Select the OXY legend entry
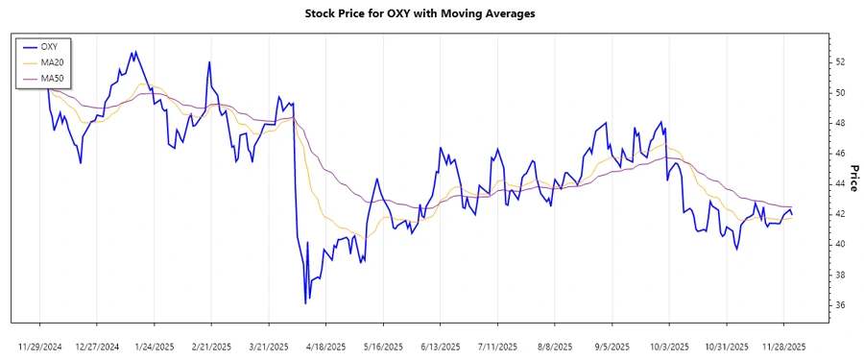pyautogui.click(x=50, y=46)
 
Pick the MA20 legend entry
pyautogui.click(x=52, y=61)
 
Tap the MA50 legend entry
pyautogui.click(x=52, y=78)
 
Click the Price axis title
pyautogui.click(x=852, y=178)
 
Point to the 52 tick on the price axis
pyautogui.click(x=840, y=62)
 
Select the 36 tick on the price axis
pyautogui.click(x=840, y=305)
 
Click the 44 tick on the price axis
pyautogui.click(x=840, y=184)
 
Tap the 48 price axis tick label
pyautogui.click(x=840, y=123)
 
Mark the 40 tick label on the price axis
pyautogui.click(x=840, y=245)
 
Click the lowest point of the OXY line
pyautogui.click(x=305, y=303)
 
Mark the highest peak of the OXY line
pyautogui.click(x=135, y=52)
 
